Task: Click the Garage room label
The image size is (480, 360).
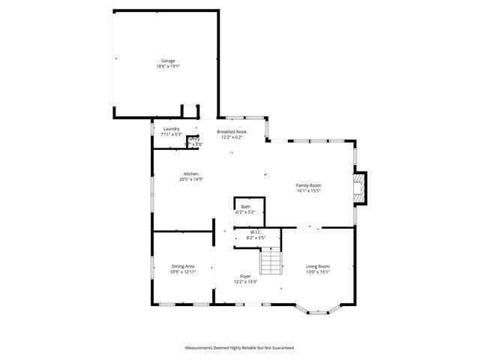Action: [x=168, y=61]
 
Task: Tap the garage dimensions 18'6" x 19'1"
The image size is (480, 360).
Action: [x=168, y=66]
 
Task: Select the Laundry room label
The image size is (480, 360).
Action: [x=171, y=129]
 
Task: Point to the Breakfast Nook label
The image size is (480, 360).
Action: [x=231, y=132]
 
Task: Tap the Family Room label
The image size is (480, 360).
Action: [x=308, y=185]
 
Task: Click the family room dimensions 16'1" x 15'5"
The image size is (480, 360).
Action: [x=308, y=190]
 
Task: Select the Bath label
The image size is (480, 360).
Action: [x=246, y=206]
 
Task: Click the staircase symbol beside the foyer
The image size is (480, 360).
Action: [x=271, y=262]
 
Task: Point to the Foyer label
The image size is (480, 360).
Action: [x=245, y=277]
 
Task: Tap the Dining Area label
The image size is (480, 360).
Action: [x=183, y=265]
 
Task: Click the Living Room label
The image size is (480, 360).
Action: [x=318, y=266]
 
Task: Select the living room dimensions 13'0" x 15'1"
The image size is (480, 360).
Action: [x=318, y=271]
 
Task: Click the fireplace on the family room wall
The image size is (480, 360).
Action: [x=361, y=188]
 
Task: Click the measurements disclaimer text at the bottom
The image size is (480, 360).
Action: [x=240, y=348]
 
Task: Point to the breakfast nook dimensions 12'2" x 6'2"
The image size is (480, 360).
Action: [x=231, y=137]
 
